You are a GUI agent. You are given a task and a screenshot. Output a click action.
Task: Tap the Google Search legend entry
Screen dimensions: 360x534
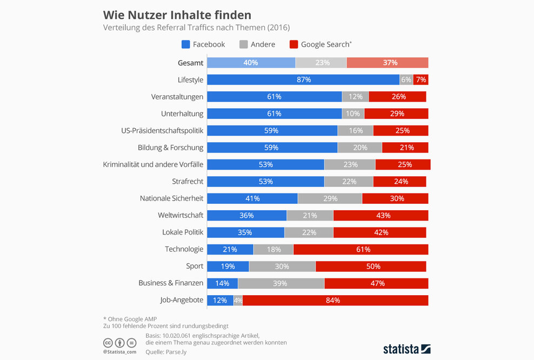321,44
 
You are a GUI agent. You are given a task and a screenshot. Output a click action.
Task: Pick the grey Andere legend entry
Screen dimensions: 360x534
257,44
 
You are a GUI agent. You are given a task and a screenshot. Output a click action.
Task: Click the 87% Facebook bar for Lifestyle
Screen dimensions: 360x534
303,79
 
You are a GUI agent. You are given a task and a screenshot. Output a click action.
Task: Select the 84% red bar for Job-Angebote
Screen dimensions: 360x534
335,300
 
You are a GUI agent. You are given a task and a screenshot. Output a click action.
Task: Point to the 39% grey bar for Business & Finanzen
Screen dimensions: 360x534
281,283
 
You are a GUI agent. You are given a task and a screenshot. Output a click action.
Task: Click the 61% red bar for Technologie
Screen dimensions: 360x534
361,249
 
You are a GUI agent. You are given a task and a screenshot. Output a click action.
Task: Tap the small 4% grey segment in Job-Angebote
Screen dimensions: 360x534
238,300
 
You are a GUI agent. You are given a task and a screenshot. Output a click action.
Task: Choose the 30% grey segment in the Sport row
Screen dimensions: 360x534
282,266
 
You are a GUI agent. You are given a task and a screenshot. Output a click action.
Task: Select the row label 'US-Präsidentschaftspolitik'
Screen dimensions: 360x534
162,130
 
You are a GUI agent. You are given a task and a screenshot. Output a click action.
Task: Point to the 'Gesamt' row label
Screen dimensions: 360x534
190,63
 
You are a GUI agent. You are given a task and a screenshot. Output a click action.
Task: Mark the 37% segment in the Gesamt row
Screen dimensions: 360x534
387,63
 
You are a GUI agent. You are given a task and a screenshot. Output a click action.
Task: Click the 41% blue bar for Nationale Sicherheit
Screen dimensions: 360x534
252,198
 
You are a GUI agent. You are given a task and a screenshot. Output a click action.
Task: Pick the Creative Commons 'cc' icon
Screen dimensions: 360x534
108,343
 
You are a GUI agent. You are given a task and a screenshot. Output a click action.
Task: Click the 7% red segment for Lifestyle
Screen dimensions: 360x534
421,79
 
